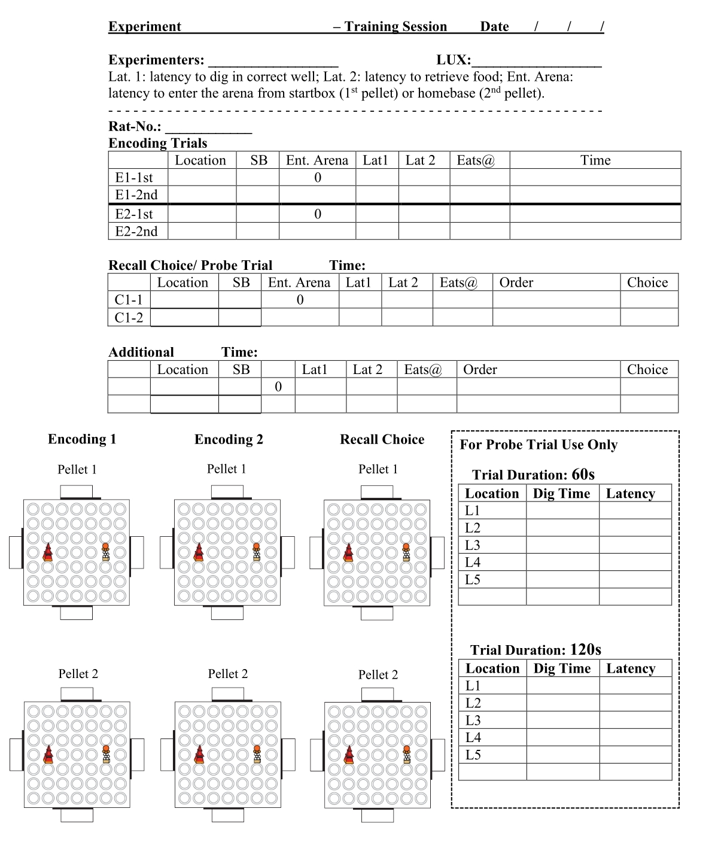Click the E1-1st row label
pos(134,178)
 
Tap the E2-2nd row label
pos(136,232)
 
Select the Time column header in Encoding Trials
pos(595,160)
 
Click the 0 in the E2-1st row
pos(318,214)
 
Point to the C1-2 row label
pos(129,318)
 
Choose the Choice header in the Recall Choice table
pos(647,282)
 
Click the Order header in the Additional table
pos(480,370)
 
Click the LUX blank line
pos(536,61)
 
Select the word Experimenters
pos(156,60)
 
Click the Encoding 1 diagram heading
pos(82,439)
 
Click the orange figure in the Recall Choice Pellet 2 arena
pos(407,754)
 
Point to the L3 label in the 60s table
pos(473,545)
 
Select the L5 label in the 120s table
pos(473,755)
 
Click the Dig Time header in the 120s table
pos(562,668)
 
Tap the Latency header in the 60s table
pos(631,494)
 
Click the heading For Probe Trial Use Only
pos(538,445)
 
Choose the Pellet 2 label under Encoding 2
pos(228,674)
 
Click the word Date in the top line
pos(494,27)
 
